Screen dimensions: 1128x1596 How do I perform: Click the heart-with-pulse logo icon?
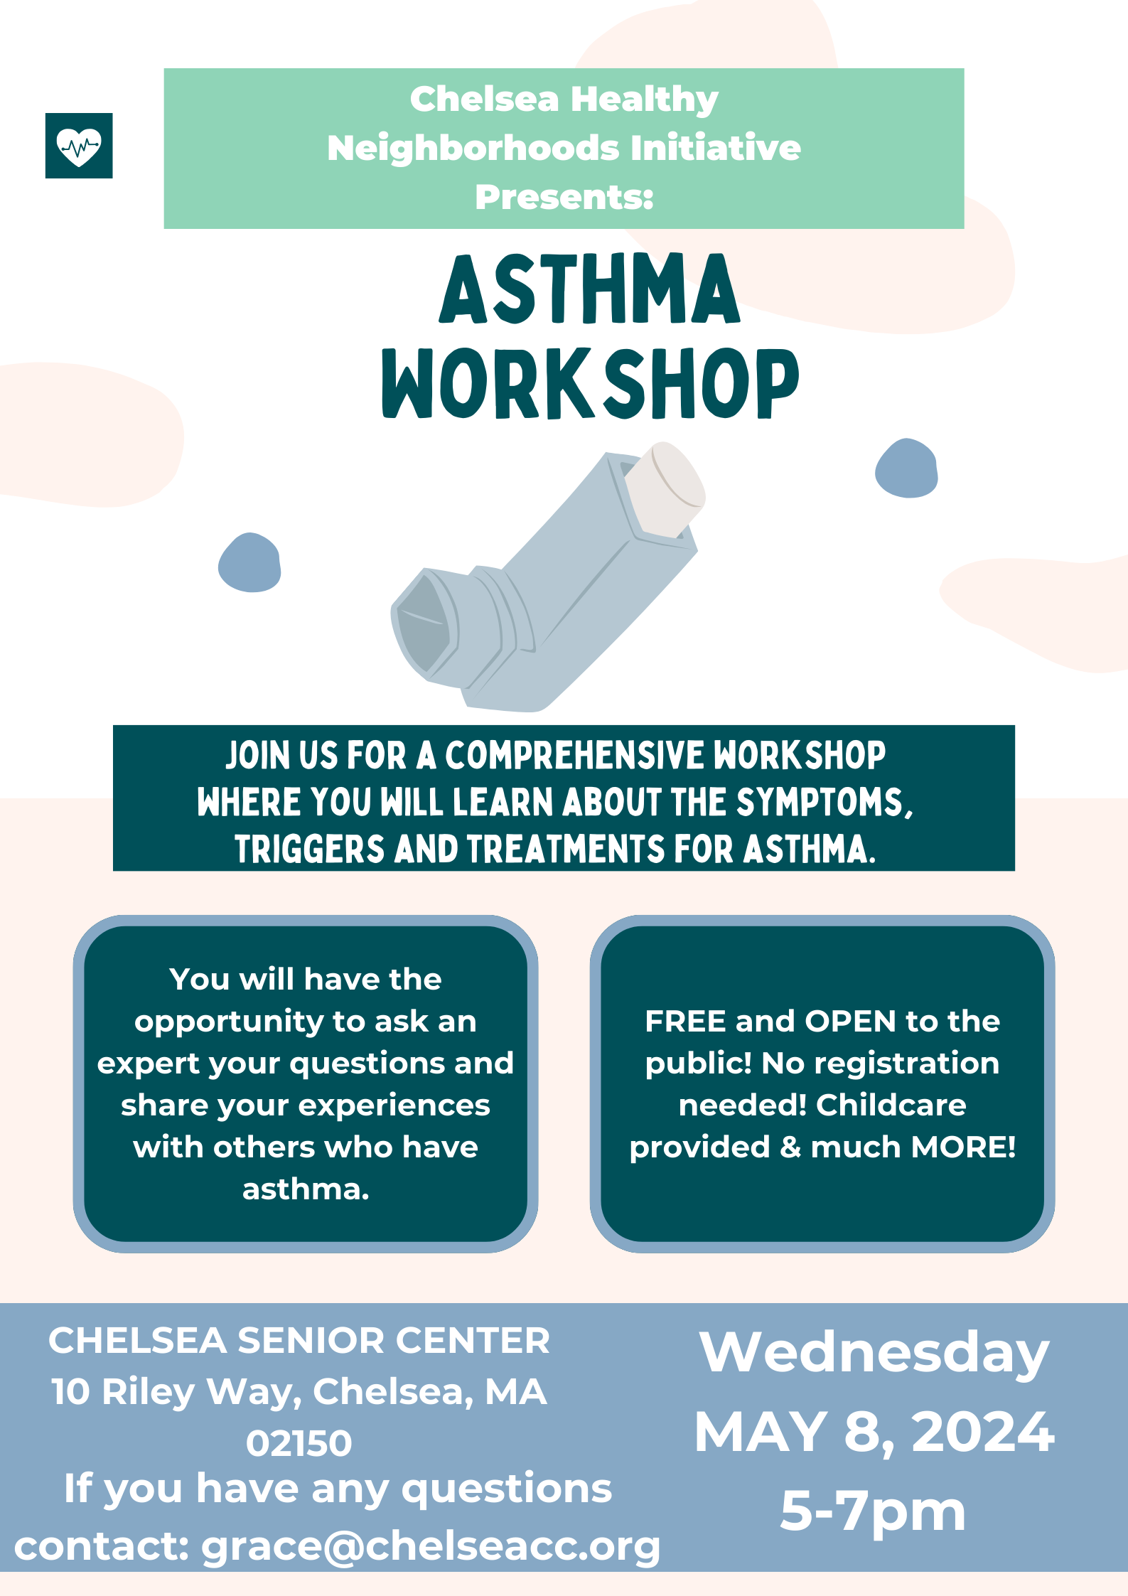[79, 146]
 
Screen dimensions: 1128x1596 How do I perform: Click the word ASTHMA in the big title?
[590, 289]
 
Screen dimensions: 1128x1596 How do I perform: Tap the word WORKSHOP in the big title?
[591, 383]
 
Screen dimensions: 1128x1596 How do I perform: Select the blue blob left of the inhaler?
[249, 562]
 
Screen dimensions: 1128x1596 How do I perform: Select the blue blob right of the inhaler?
[906, 468]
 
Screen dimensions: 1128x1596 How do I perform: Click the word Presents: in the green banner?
[564, 197]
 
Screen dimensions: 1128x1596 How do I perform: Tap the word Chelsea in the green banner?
[484, 99]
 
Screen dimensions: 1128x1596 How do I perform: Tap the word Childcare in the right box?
[891, 1105]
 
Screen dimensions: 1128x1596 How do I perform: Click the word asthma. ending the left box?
[306, 1189]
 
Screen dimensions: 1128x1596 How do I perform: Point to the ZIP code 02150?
[299, 1443]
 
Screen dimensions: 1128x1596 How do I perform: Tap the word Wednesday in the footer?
[874, 1353]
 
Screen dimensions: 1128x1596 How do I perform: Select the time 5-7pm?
[873, 1511]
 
